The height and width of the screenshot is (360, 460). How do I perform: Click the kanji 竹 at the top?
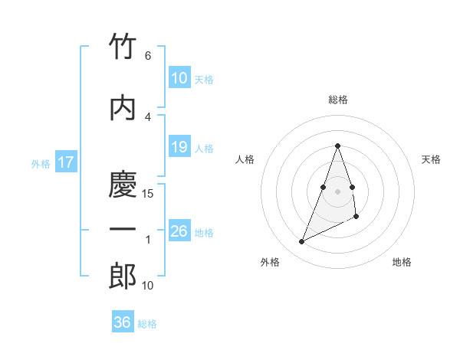coord(123,47)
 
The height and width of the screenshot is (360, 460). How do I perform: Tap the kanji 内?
coord(123,108)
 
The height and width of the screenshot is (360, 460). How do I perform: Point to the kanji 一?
coord(123,230)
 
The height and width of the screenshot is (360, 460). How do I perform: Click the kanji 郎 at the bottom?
coord(123,277)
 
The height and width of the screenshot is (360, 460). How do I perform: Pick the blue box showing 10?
coord(179,78)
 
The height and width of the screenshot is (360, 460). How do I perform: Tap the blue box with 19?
coord(179,147)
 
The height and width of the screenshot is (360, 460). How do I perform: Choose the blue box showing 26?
coord(179,231)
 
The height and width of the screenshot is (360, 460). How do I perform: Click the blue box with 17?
coord(65,162)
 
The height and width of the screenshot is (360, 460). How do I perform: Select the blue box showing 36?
coord(122,322)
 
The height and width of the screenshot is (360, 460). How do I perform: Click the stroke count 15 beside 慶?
coord(149,194)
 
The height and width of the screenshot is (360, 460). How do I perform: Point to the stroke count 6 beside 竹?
coord(147,56)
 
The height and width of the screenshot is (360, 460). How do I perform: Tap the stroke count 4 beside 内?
coord(147,117)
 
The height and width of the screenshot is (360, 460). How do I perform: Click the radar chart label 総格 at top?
coord(338,100)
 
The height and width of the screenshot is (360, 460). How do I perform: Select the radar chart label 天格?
coord(432,159)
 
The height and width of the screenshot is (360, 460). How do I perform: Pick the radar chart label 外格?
coord(269,262)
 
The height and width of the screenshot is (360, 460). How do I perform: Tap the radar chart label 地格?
coord(402,262)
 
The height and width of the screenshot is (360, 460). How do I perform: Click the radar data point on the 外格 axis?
coord(302,242)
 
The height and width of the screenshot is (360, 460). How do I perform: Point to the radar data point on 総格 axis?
coord(338,146)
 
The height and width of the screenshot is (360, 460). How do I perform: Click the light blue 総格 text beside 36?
coord(147,324)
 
